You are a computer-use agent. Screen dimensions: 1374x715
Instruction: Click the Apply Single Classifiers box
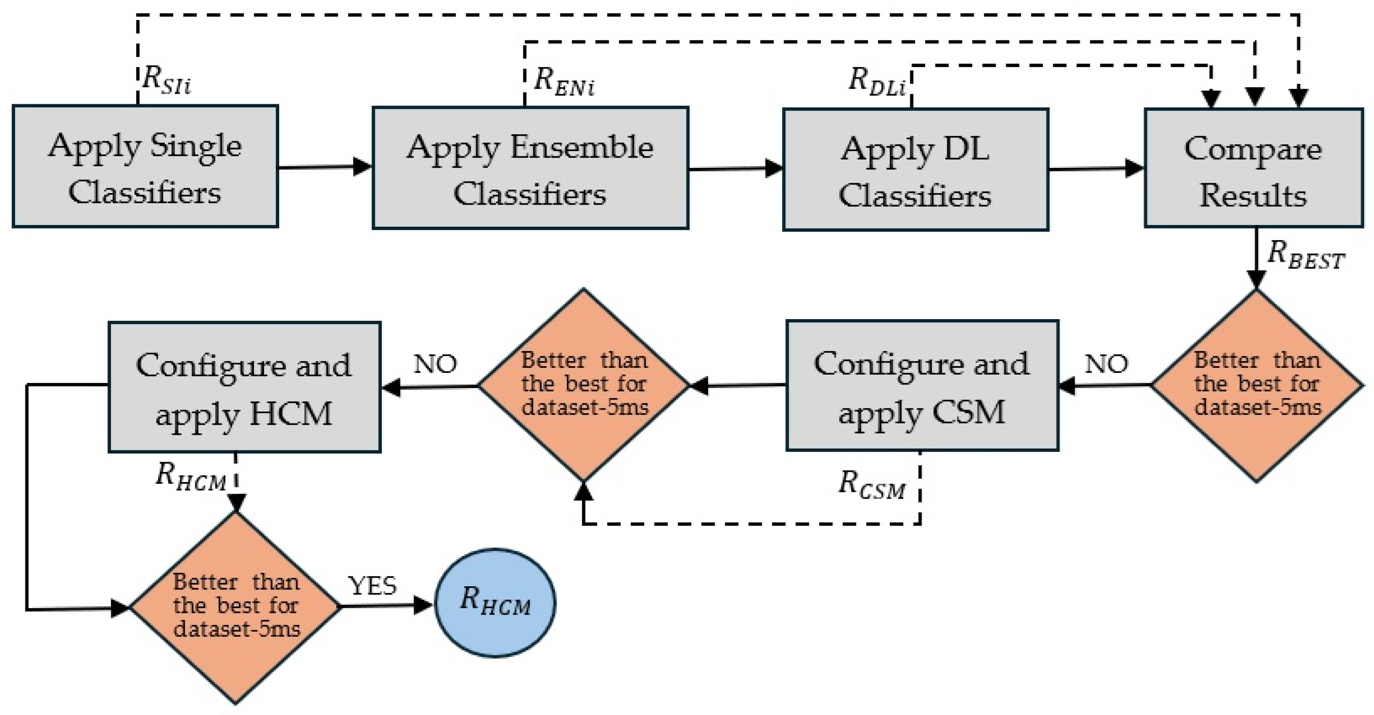[x=145, y=166]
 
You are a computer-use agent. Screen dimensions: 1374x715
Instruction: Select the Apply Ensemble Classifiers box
[x=530, y=168]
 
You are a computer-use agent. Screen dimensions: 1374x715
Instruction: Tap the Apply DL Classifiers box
[x=915, y=170]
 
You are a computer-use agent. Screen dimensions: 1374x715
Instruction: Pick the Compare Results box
[x=1253, y=168]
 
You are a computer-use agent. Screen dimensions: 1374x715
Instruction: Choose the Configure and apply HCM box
[x=244, y=387]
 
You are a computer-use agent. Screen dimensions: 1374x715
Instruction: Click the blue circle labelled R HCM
[x=495, y=603]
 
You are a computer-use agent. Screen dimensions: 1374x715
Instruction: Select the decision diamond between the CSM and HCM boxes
[x=583, y=385]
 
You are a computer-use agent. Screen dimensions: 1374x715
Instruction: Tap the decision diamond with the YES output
[x=235, y=607]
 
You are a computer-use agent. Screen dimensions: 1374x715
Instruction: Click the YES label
[x=372, y=585]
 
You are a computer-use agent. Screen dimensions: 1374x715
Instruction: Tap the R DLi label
[x=876, y=82]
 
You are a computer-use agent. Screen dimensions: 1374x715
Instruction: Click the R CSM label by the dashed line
[x=871, y=485]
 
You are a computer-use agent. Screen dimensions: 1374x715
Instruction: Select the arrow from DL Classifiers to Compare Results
[x=1097, y=169]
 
